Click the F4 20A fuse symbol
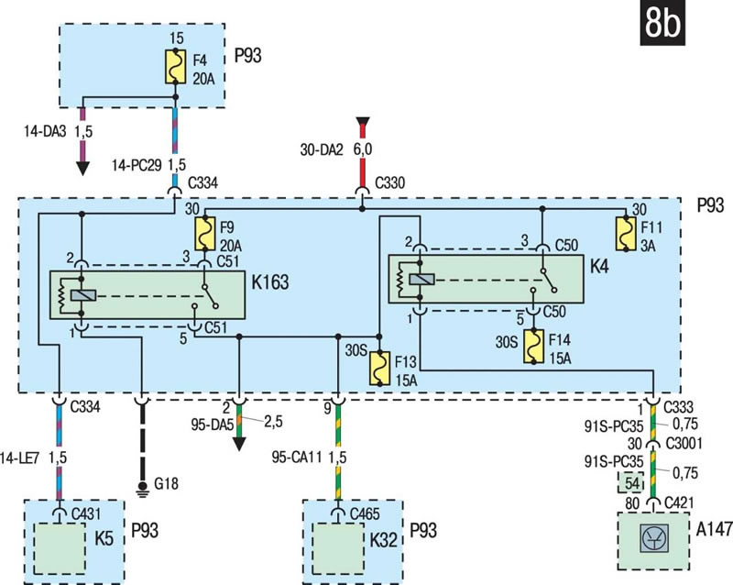tap(176, 67)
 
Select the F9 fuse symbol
tap(204, 233)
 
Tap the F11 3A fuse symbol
tap(627, 233)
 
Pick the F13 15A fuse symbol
tap(380, 369)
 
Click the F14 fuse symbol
tap(534, 347)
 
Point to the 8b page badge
tap(662, 23)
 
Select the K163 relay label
tap(270, 282)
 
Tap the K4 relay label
tap(599, 266)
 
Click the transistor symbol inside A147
tap(653, 539)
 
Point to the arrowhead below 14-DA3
tap(82, 169)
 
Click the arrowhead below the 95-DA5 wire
tap(239, 444)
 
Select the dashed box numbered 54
tap(630, 482)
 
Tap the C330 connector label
tap(390, 182)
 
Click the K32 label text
tap(383, 539)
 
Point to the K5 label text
tap(104, 538)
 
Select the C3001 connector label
tap(684, 443)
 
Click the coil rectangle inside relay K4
tap(421, 280)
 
